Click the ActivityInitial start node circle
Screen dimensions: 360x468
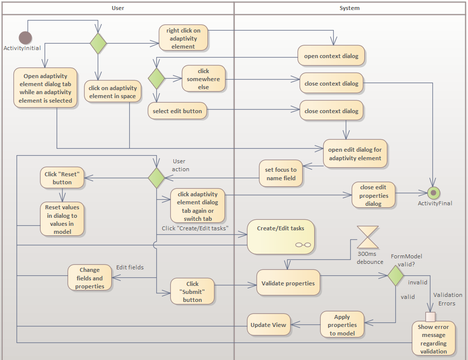[25, 38]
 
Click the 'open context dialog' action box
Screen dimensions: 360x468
[331, 56]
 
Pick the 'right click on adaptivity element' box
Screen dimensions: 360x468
[183, 39]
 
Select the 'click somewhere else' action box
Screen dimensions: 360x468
[203, 79]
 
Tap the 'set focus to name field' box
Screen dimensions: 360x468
[280, 174]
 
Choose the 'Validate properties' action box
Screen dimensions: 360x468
[288, 283]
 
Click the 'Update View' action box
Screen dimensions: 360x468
[268, 325]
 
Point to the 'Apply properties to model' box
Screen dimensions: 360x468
[342, 325]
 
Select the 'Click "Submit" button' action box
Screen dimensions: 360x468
[192, 291]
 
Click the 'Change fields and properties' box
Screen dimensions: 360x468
[90, 278]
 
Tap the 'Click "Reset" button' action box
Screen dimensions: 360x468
[62, 178]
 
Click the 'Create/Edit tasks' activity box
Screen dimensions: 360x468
[281, 236]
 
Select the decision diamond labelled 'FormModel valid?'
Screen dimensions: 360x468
[396, 275]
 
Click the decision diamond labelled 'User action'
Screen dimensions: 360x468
[156, 178]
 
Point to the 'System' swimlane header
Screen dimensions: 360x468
[349, 8]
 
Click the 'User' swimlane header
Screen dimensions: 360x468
[117, 8]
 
